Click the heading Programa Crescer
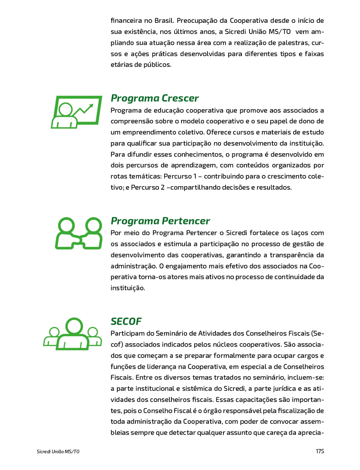tap(155, 98)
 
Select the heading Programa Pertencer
tap(160, 221)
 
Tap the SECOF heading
tap(126, 321)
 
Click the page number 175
tap(320, 451)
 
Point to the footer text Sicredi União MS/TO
tap(58, 452)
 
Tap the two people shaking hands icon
tap(78, 233)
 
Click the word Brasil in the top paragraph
tap(163, 20)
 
